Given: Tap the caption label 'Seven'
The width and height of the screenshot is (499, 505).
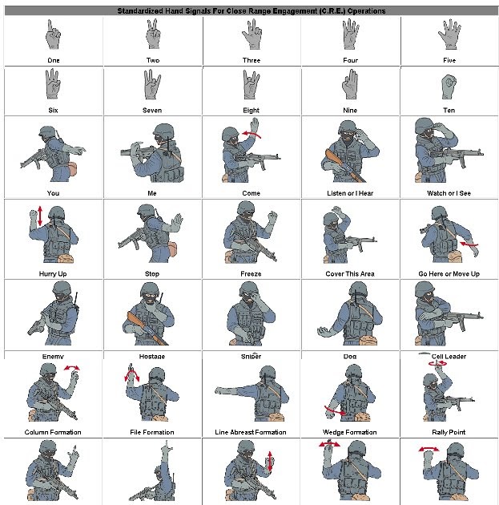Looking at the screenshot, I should click(x=152, y=110).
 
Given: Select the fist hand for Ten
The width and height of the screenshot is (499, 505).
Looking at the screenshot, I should click(x=449, y=86).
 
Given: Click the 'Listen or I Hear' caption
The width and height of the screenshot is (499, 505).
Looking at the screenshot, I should click(x=350, y=193).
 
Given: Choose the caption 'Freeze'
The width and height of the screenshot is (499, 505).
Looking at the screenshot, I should click(x=251, y=274).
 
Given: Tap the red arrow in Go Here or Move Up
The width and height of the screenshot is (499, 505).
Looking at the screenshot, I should click(x=468, y=244).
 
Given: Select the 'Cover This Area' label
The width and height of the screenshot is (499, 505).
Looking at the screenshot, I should click(x=350, y=274).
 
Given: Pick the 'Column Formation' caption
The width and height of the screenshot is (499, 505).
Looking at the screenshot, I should click(x=53, y=432).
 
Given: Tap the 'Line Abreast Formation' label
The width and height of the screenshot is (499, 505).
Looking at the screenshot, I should click(x=251, y=432).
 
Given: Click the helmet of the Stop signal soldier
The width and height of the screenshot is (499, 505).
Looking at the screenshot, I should click(x=145, y=211).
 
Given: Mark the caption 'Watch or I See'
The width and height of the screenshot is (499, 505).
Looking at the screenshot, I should click(x=449, y=193).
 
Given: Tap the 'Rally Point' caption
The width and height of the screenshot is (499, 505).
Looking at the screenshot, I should click(x=449, y=432).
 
